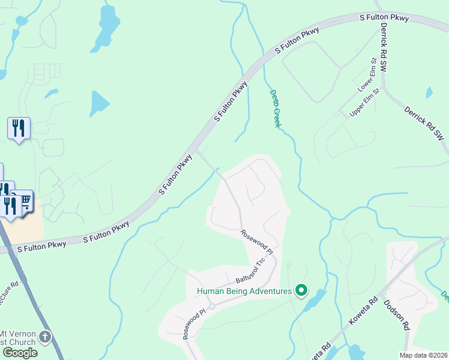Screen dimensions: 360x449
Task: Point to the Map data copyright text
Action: (x=424, y=355)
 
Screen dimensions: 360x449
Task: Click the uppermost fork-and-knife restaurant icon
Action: (x=19, y=128)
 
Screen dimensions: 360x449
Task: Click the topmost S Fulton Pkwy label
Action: (x=384, y=18)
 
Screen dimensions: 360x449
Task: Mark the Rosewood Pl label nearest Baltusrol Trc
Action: (x=257, y=242)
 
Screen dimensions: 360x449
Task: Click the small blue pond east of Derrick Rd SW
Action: (x=429, y=92)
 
